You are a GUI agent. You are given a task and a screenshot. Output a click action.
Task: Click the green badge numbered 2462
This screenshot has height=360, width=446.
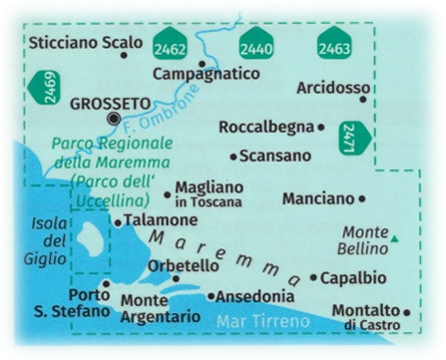tap(170, 47)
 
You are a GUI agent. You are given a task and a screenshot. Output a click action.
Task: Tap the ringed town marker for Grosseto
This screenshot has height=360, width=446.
tap(113, 119)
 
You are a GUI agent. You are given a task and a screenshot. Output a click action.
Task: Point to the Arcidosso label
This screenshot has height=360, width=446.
tap(332, 89)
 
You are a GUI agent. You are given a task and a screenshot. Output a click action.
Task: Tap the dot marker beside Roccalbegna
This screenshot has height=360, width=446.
tap(320, 128)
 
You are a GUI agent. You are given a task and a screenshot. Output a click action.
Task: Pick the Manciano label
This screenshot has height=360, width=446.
tap(317, 199)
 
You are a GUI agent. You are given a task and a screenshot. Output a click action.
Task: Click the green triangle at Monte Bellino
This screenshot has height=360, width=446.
tap(395, 238)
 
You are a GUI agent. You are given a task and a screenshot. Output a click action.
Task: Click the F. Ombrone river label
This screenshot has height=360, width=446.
tap(176, 115)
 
